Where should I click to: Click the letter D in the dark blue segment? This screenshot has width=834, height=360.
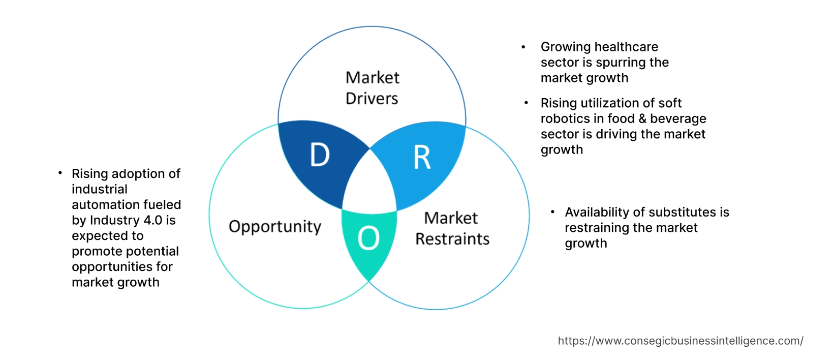pos(320,155)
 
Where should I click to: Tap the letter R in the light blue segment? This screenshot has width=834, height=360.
pos(422,158)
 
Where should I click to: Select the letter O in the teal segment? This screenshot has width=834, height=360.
pos(368,238)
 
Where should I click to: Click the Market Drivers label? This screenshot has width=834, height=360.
pos(372,88)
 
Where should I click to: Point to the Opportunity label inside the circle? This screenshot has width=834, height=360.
pos(275,226)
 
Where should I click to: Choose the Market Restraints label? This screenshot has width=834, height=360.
pos(452,228)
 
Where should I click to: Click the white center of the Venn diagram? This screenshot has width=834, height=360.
pos(370,186)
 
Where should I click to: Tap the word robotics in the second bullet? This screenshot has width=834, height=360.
pos(562,118)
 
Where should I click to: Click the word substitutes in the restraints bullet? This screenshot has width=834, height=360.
pos(675,212)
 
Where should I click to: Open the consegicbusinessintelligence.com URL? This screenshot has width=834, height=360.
pos(681,341)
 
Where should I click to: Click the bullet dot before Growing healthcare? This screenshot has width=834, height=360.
pos(523,47)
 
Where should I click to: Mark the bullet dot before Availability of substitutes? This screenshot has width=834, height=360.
pos(552,211)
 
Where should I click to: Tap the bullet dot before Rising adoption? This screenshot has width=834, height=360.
pos(60,173)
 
